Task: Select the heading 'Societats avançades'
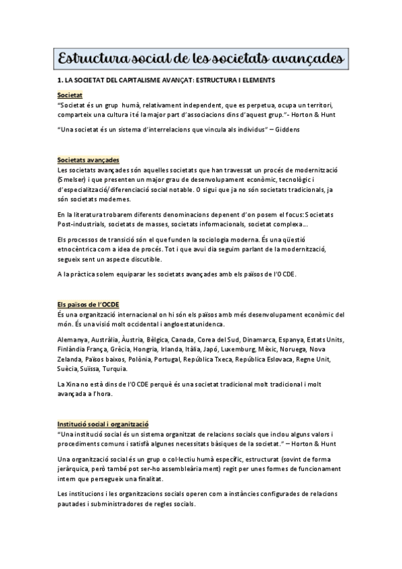(89, 160)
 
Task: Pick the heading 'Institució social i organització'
(103, 424)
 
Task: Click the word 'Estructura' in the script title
(96, 59)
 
